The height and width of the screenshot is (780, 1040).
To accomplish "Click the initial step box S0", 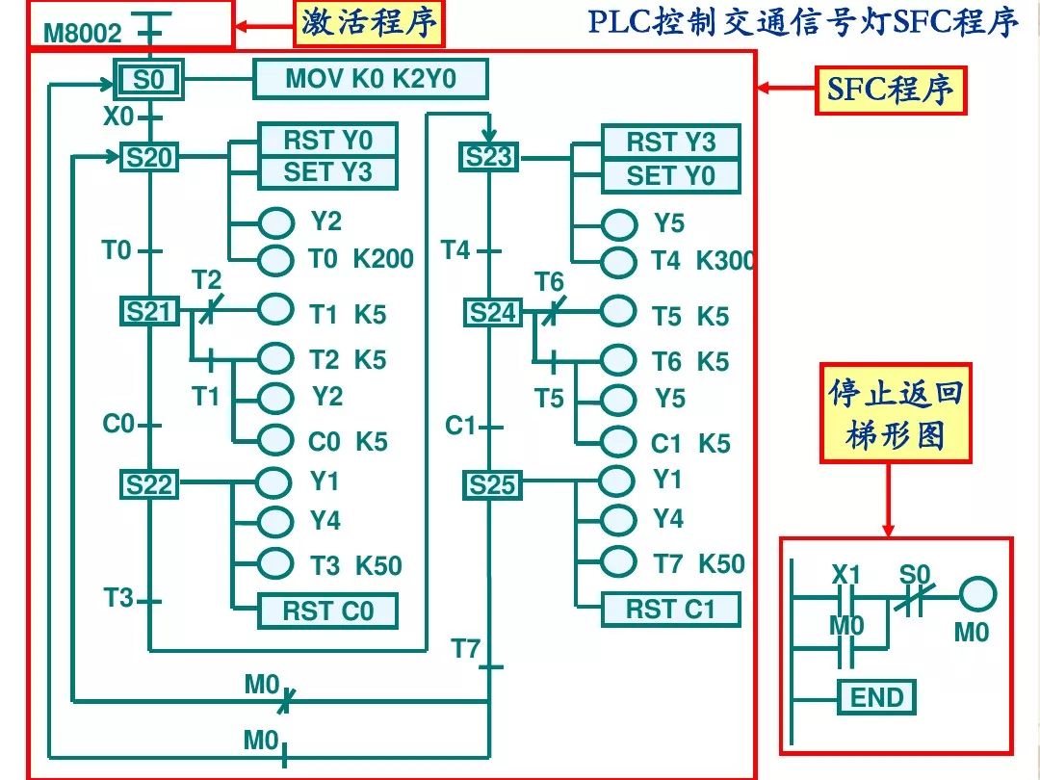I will tap(148, 80).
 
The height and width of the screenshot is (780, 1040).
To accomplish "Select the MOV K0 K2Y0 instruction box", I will tap(370, 79).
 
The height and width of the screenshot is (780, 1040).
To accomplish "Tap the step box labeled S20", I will tap(148, 157).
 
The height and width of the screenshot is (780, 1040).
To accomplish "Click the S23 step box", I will tap(489, 156).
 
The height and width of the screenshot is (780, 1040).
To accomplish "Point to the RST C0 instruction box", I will tap(327, 611).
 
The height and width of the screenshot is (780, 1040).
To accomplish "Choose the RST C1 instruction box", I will tap(671, 609).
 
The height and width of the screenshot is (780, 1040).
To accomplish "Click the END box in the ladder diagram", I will tap(876, 697).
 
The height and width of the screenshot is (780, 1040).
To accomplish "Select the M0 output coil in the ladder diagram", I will tap(977, 594).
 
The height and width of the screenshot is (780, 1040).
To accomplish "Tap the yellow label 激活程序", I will tap(369, 23).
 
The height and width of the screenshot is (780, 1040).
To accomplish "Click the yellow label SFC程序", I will tap(891, 91).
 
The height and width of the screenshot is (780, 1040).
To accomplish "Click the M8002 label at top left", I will tap(83, 35).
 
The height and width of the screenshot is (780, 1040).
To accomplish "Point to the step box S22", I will tap(148, 484).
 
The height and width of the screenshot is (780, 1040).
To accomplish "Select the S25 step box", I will tap(492, 485).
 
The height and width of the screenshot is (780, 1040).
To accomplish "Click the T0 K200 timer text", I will tap(360, 259).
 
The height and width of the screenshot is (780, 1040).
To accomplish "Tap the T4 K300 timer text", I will tap(702, 261).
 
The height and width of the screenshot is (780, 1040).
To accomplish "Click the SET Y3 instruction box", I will tap(327, 173).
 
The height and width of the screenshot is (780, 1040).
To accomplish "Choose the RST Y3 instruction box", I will tap(671, 143).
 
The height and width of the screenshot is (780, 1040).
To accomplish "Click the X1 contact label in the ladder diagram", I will tap(846, 575).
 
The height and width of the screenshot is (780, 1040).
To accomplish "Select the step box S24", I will tap(492, 313).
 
